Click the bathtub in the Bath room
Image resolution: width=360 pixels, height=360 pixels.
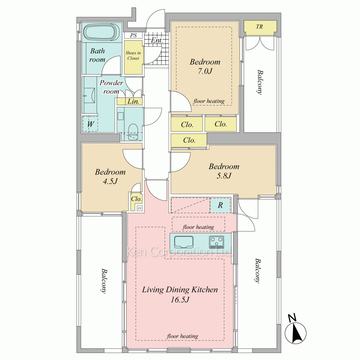99,32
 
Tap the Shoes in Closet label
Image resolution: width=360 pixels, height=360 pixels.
133,55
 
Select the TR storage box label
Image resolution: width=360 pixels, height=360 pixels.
260,27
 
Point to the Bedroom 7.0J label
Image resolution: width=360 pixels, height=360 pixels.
205,66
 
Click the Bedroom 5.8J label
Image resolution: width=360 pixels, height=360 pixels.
224,171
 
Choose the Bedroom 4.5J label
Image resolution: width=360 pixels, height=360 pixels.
110,176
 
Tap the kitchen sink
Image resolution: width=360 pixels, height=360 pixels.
184,242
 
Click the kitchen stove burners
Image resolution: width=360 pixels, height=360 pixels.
216,242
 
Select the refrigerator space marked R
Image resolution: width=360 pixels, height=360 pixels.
220,205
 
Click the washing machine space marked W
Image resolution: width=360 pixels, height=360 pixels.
90,124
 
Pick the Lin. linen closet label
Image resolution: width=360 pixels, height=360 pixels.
134,101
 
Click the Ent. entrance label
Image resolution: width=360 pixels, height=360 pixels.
157,40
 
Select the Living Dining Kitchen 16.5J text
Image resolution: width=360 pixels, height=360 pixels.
180,294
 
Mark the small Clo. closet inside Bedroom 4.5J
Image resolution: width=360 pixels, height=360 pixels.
136,199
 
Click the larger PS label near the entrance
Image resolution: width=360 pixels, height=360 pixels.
134,35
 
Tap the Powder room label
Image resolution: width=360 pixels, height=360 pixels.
111,87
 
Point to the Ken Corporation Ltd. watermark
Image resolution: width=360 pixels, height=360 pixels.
179,252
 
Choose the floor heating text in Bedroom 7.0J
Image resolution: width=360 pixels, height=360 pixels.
209,101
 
